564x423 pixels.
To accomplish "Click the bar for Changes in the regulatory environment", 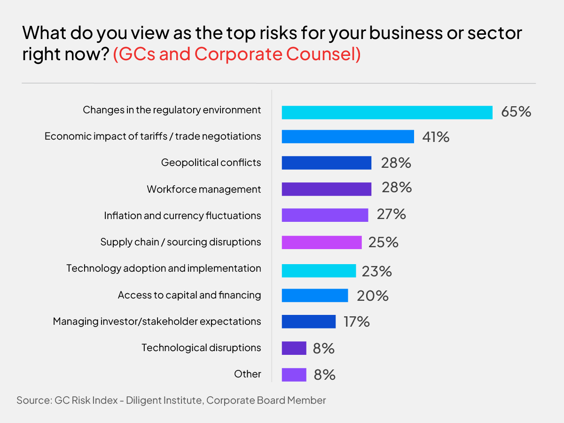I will tap(387, 113).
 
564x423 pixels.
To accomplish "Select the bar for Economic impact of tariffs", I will tap(348, 137).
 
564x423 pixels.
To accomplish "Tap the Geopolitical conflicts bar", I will tap(327, 163).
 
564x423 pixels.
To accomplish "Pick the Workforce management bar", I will tap(327, 189).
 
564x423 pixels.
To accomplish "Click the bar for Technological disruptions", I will tap(294, 348).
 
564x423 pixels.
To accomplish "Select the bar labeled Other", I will tap(294, 375).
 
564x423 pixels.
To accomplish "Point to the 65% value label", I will tap(516, 112).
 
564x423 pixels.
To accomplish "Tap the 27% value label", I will tap(391, 214).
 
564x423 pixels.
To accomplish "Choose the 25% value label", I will tap(384, 242).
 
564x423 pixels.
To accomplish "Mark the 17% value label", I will tap(356, 322).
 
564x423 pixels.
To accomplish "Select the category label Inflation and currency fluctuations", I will tap(182, 216).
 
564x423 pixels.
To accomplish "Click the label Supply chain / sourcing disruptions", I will tap(180, 242).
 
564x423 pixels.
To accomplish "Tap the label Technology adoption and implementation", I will tap(164, 268).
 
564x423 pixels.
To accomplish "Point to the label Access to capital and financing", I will tap(189, 295).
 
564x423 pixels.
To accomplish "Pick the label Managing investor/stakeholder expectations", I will tap(157, 321).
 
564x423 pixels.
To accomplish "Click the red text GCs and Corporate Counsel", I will tap(237, 55).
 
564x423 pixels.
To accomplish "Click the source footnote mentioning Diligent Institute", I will tap(171, 400).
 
